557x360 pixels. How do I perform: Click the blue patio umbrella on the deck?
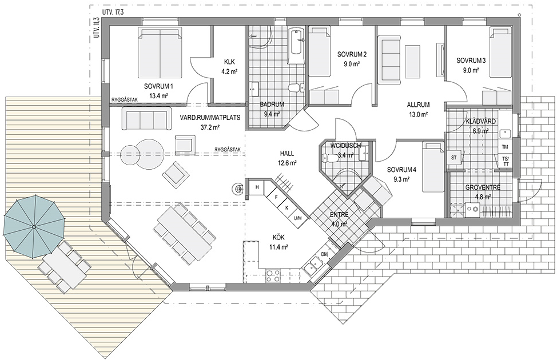[x=34, y=226]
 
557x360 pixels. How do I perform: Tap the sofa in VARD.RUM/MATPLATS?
[x=145, y=118]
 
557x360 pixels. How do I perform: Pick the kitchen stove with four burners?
[x=272, y=276]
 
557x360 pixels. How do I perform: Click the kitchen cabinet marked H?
[x=256, y=187]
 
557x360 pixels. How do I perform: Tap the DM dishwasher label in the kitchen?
[x=324, y=254]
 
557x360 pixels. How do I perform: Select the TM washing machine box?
[x=505, y=146]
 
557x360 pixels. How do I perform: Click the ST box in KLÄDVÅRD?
[x=453, y=158]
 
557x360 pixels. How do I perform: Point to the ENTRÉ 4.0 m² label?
[x=339, y=219]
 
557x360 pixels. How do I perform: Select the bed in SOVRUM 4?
[x=433, y=167]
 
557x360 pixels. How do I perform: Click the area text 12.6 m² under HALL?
[x=287, y=163]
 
